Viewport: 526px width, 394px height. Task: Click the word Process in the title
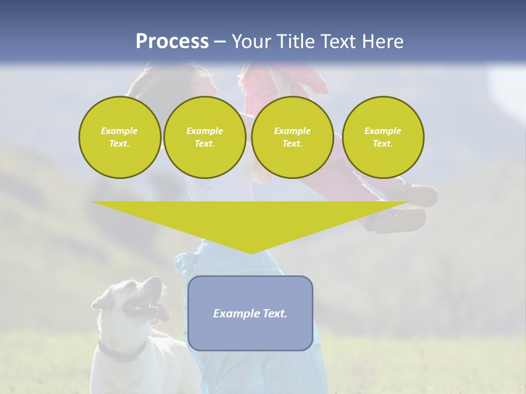(x=172, y=42)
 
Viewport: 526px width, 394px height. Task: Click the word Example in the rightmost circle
(x=382, y=131)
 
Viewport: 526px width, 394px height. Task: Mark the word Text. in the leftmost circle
(x=119, y=144)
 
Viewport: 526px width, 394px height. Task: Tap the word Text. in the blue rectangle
(x=275, y=314)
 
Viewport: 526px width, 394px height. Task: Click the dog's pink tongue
(x=163, y=313)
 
